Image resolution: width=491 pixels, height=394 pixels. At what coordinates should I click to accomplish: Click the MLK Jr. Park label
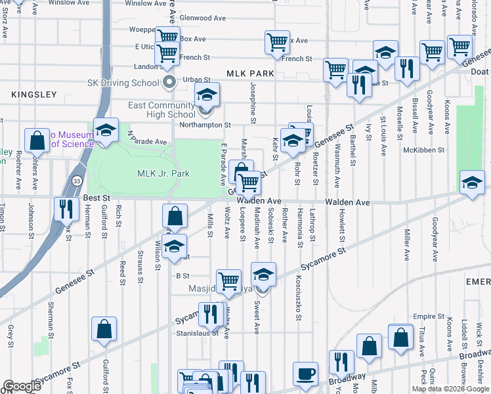pos(163,173)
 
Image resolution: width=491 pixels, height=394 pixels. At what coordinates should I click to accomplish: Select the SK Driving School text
pos(123,83)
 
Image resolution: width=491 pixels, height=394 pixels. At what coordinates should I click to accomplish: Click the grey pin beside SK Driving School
pos(169,83)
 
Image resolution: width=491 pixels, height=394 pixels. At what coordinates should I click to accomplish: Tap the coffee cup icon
pos(305,374)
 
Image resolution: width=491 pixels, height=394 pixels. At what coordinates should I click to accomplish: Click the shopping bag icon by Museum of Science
pos(37,139)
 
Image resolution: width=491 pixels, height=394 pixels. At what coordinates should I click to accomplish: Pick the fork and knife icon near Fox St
pos(65,208)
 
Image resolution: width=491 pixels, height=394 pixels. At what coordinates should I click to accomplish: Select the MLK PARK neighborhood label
pos(249,74)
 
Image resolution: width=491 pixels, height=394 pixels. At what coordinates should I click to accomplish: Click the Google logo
pos(22,386)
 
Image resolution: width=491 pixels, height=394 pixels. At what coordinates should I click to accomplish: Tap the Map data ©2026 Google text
pos(451,389)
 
